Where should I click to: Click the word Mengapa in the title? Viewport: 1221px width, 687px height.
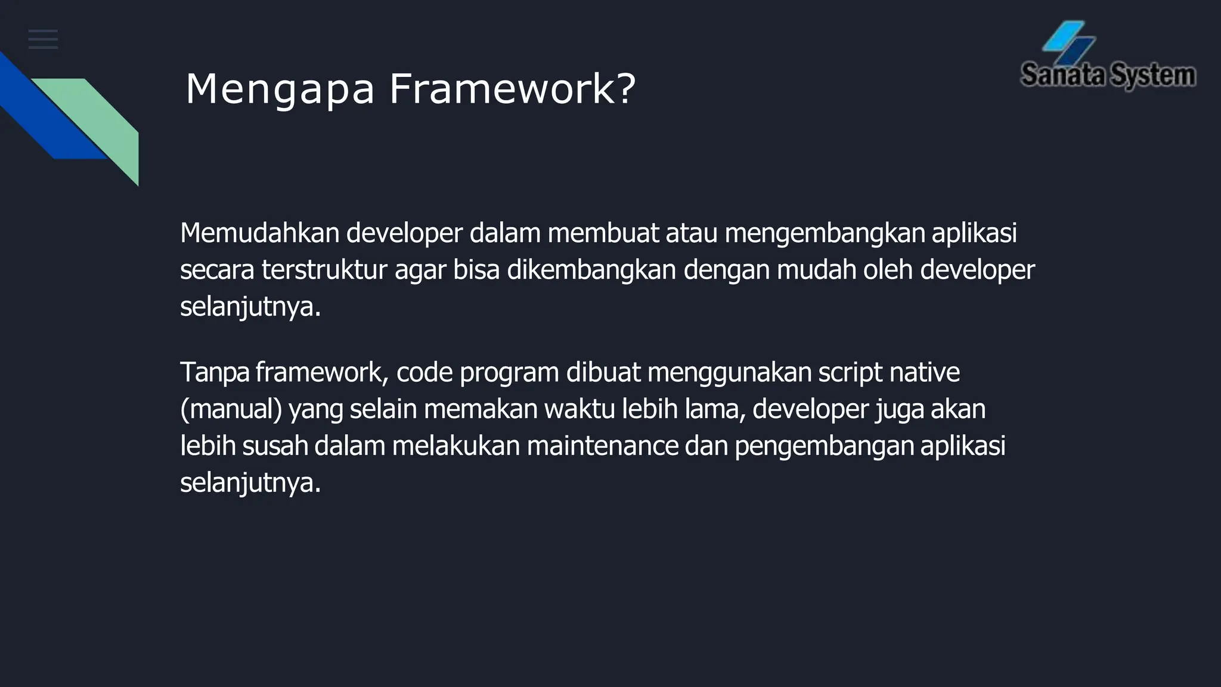(x=280, y=90)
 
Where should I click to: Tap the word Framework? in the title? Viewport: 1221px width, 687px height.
(x=513, y=89)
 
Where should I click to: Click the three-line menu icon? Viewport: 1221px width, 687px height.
(x=43, y=39)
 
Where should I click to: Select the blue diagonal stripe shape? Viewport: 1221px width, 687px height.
(x=48, y=113)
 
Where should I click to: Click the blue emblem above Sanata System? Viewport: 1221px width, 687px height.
(x=1068, y=42)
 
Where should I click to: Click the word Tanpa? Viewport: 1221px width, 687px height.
(x=215, y=373)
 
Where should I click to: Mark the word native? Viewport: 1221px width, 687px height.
(x=925, y=372)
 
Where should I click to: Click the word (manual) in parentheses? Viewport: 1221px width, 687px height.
(x=231, y=410)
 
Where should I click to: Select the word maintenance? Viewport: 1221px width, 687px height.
(x=602, y=446)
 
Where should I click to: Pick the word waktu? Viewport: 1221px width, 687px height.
(x=580, y=409)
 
